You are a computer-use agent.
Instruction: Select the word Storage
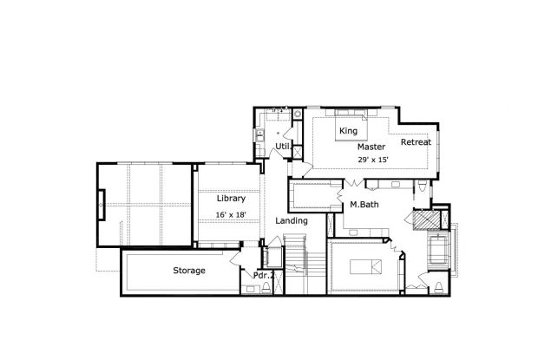tap(189, 271)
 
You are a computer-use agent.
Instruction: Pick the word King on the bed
tap(349, 131)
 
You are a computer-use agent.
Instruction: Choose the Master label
tap(371, 147)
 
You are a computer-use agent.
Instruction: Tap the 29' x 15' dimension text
tap(371, 160)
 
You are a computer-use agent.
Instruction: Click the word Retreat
tap(416, 141)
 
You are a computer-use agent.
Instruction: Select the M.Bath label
tap(362, 205)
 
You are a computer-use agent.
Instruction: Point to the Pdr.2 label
tap(264, 275)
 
